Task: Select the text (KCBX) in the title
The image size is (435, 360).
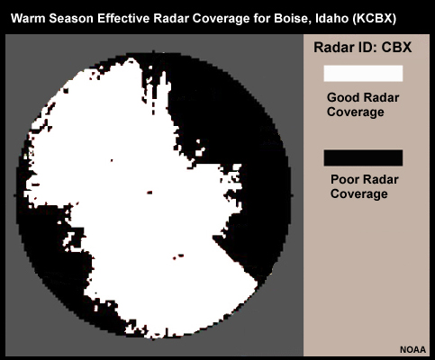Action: tap(375, 19)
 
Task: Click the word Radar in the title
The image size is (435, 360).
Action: tap(171, 19)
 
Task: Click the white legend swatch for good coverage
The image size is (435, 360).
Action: tap(363, 74)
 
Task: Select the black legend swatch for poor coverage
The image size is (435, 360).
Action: tap(363, 157)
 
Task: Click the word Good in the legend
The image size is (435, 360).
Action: tap(341, 97)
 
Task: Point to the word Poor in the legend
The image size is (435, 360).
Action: tap(344, 179)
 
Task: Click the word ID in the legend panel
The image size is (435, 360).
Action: tap(364, 48)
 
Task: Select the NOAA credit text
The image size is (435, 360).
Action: tap(412, 349)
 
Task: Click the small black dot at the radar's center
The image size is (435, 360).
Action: tap(150, 193)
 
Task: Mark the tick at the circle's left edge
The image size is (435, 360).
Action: tap(15, 195)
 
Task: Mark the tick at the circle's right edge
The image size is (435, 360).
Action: tap(291, 195)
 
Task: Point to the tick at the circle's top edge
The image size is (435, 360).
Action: tap(153, 52)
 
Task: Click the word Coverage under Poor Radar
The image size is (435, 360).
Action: tap(359, 193)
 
